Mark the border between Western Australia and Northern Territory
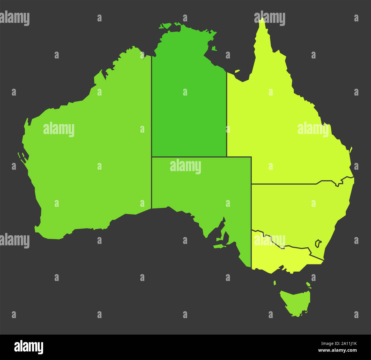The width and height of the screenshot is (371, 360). point(151,128)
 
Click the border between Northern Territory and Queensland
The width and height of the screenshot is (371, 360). point(227,114)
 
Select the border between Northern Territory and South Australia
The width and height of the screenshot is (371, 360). point(188,157)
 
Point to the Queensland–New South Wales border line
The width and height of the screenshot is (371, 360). point(285,184)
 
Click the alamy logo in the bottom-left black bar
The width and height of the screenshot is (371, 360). point(29,347)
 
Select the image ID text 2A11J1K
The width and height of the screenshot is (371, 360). point(346,343)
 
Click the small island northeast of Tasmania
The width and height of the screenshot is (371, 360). point(308,284)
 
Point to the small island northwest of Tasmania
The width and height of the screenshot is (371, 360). point(275,283)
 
